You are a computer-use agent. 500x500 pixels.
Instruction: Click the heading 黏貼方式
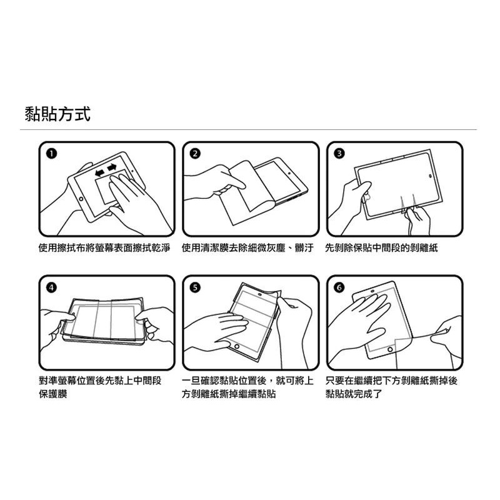57,114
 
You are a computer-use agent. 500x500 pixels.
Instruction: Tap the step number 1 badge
51,154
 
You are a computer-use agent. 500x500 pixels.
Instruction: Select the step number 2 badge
195,154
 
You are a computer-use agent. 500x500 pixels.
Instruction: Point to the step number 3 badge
339,154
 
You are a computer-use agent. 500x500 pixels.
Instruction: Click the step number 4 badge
51,287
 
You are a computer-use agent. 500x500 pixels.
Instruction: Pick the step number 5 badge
195,287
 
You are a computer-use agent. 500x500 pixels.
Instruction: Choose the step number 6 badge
339,287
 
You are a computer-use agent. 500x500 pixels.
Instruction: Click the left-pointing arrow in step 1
100,172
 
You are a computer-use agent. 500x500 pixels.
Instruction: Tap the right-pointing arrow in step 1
112,167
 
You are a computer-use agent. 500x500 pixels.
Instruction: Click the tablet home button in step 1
81,199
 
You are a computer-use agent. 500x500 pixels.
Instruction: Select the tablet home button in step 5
237,346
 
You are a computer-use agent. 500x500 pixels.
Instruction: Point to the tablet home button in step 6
389,350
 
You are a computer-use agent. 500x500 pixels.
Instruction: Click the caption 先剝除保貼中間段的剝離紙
381,247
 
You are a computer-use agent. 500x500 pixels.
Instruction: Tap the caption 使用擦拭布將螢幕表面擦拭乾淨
104,247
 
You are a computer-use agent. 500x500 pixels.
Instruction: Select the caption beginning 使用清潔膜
247,247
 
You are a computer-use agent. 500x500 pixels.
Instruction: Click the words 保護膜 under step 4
53,394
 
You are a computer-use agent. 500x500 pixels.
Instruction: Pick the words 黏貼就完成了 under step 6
354,394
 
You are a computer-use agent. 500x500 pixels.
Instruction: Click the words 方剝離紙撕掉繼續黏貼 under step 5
229,394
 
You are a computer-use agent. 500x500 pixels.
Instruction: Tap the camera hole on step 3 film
430,176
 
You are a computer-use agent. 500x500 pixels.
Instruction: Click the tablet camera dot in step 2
289,174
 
